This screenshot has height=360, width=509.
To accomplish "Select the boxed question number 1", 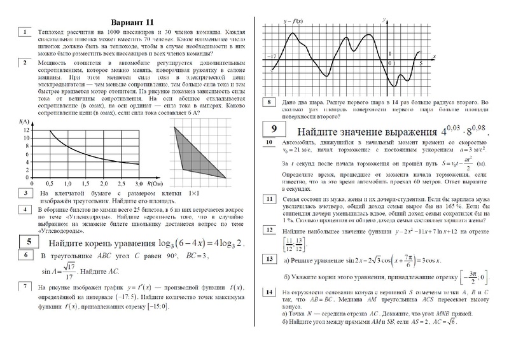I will [x=23, y=31].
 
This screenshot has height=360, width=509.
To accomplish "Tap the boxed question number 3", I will [x=23, y=192].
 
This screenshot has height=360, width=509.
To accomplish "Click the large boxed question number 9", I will [x=272, y=130].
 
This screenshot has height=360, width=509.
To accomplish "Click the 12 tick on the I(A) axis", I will [x=25, y=130].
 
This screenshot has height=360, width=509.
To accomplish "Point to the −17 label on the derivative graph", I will [x=272, y=57].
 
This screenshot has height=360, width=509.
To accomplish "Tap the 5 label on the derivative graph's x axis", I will [x=421, y=64].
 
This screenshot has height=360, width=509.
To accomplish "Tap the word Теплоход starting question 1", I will [x=52, y=31].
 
